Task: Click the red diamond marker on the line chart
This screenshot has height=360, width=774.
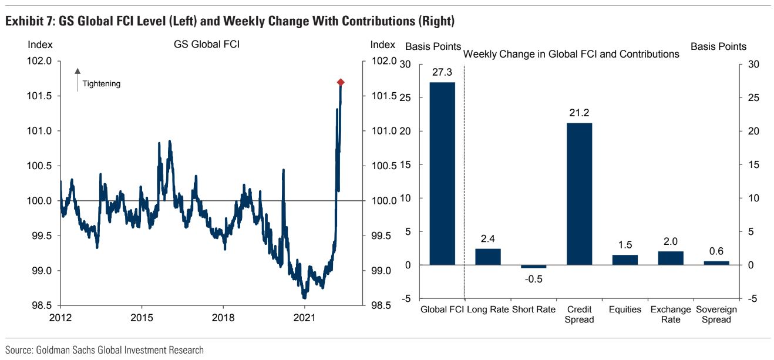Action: click(340, 82)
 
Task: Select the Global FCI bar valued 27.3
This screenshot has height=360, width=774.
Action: click(442, 173)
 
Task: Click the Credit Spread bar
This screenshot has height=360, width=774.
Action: click(579, 194)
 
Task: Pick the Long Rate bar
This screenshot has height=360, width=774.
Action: click(488, 257)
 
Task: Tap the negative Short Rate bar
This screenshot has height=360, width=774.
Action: click(534, 267)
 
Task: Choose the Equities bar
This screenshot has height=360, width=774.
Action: click(625, 260)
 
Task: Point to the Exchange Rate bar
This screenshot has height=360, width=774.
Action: click(671, 258)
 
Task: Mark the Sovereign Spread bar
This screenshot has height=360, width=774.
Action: click(716, 263)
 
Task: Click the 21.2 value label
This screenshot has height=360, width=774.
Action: click(579, 113)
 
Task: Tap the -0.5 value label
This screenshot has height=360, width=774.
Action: click(533, 278)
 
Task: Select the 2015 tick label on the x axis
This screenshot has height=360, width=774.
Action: click(142, 317)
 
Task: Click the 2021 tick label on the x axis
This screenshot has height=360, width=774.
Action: click(304, 317)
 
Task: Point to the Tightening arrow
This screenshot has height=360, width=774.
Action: click(78, 80)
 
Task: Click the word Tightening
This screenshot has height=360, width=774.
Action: click(101, 84)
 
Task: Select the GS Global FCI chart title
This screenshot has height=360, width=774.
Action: click(207, 45)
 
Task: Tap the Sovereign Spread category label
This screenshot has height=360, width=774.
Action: click(716, 314)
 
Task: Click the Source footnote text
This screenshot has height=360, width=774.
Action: click(105, 350)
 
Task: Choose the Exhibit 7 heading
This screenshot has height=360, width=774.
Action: click(230, 22)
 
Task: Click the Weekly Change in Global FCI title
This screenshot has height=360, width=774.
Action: click(571, 54)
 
